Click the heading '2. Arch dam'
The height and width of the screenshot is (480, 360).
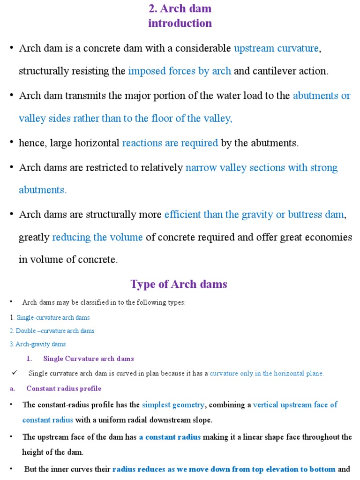[180, 8]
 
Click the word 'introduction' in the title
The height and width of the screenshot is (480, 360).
[180, 23]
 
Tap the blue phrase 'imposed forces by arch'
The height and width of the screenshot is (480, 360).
[180, 71]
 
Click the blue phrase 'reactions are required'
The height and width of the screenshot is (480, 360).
[170, 143]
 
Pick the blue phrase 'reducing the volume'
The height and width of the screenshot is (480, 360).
[97, 237]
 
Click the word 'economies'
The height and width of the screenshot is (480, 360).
[327, 237]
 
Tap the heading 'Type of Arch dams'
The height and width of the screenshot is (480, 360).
[179, 284]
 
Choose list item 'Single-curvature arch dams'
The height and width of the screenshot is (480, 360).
[53, 318]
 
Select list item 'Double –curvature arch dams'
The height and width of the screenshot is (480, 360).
[55, 331]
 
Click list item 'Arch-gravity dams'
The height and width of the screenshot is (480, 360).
[41, 344]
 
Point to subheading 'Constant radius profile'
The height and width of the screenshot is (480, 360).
[64, 389]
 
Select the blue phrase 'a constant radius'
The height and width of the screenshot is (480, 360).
[170, 437]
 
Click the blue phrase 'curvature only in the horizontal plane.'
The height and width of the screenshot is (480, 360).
[267, 374]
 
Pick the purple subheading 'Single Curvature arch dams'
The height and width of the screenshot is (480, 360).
[89, 359]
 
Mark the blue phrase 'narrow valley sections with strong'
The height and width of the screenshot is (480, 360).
[262, 168]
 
